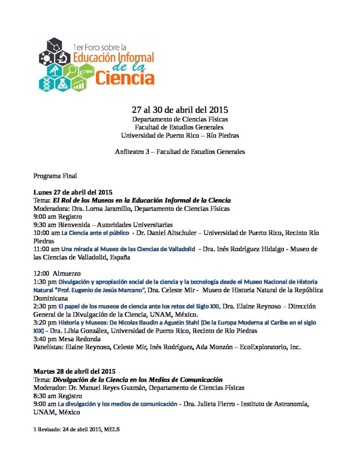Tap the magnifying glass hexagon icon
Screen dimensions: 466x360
tap(72, 71)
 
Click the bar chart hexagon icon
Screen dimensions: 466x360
tap(79, 84)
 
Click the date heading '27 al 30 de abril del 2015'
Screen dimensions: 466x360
tap(180, 110)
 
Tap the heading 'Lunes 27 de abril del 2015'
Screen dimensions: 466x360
tap(73, 192)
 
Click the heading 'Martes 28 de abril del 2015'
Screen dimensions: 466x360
tap(74, 371)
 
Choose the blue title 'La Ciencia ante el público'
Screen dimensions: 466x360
tap(95, 233)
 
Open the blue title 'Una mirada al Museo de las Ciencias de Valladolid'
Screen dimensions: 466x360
tap(128, 249)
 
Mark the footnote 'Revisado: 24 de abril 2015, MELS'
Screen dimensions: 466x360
tap(78, 429)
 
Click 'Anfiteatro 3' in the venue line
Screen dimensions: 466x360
tap(132, 152)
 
